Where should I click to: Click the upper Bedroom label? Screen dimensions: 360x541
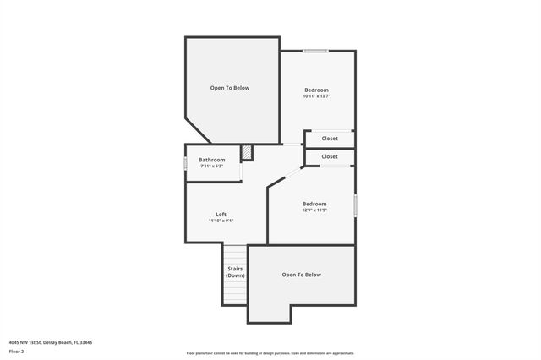tap(316, 90)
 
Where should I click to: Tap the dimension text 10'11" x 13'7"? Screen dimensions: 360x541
tap(316, 96)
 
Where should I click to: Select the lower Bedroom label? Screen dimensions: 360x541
tap(314, 204)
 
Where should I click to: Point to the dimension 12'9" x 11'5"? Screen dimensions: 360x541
tap(314, 210)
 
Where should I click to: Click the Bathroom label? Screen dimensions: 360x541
tap(212, 160)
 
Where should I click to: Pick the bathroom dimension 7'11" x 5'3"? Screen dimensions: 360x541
tap(212, 166)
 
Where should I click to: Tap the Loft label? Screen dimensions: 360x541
tap(221, 214)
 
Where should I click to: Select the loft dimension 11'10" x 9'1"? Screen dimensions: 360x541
tap(221, 221)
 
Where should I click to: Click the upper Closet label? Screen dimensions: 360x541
tap(330, 138)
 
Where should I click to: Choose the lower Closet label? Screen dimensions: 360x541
tap(330, 156)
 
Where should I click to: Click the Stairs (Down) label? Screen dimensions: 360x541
tap(235, 272)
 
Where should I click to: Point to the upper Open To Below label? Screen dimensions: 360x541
tap(230, 88)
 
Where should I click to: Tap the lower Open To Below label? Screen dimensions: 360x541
tap(302, 275)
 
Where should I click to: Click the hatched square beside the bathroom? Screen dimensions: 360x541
tap(247, 153)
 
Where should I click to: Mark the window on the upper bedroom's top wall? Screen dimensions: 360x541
tap(316, 51)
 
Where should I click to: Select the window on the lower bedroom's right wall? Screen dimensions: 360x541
tap(355, 205)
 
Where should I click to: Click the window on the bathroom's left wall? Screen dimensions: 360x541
tap(186, 163)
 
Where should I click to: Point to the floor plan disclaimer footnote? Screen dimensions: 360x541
tap(270, 353)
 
